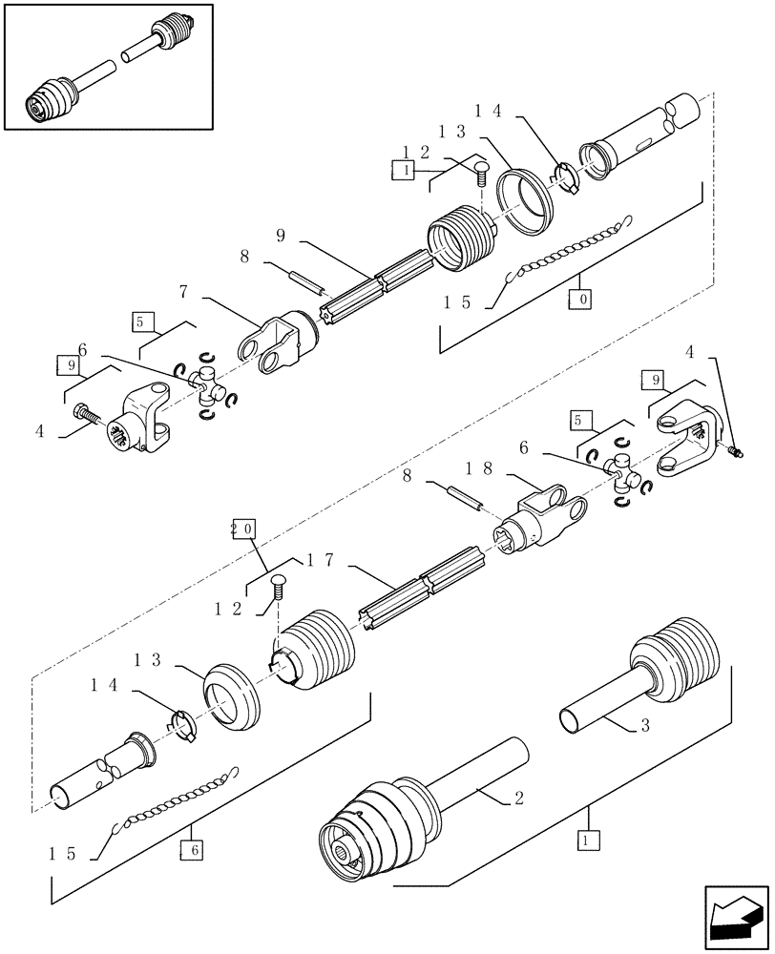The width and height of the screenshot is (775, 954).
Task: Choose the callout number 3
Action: (645, 727)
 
